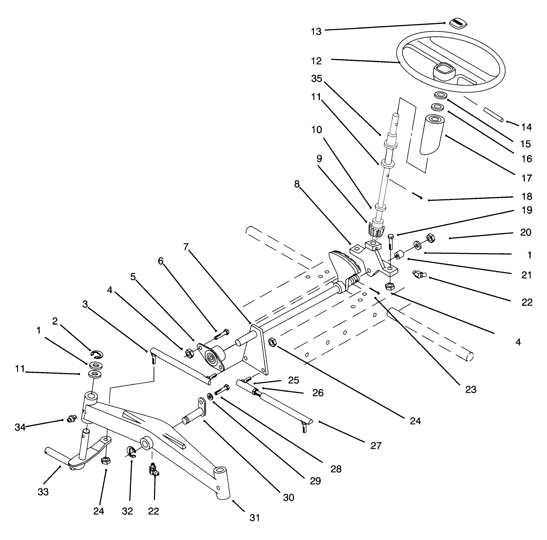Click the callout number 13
(316, 32)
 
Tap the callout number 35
(317, 79)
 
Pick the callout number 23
(471, 389)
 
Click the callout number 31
(255, 517)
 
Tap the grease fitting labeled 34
(71, 419)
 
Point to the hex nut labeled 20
(429, 238)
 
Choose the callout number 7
(186, 247)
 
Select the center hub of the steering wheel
(443, 69)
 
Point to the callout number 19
(526, 210)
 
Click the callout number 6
(160, 261)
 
